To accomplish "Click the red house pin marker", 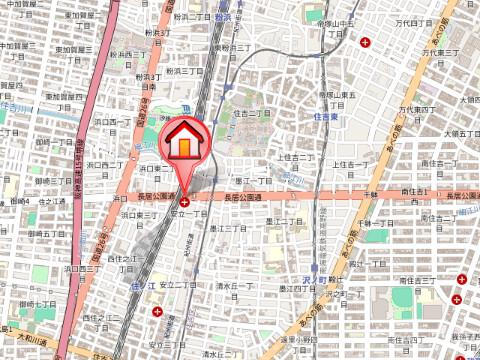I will pos(185,142).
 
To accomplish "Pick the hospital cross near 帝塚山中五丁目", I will pos(365,42).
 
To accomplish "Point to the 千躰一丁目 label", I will pos(380,222).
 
